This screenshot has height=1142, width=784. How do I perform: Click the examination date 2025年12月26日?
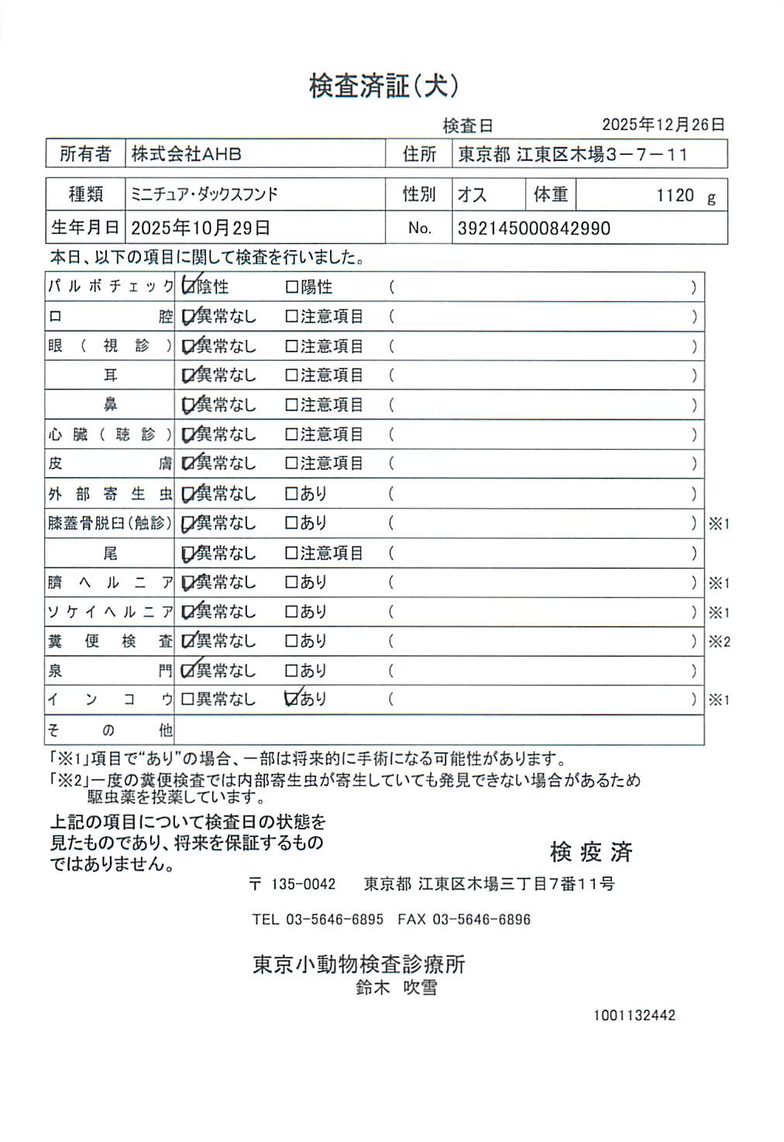(x=663, y=125)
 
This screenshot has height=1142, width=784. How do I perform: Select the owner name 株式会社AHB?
(x=186, y=154)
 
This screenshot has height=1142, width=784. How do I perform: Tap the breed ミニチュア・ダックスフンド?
(x=204, y=194)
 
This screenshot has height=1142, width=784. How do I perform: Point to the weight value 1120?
(x=675, y=195)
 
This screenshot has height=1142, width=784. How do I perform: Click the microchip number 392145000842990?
(x=534, y=228)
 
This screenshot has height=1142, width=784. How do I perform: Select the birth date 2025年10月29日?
(x=200, y=228)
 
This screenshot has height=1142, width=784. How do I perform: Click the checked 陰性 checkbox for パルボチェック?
(x=188, y=286)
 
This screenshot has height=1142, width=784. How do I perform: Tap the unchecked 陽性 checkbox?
(x=292, y=287)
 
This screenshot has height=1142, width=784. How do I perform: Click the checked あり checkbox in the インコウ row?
(x=292, y=699)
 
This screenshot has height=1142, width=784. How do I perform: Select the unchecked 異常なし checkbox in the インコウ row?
(x=187, y=699)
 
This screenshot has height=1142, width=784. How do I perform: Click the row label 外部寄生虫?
(x=110, y=494)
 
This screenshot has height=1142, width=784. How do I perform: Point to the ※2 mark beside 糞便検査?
(x=719, y=642)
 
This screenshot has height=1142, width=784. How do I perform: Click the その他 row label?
(x=110, y=730)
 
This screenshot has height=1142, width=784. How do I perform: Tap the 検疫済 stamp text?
(x=591, y=852)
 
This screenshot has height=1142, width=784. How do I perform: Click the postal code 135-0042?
(x=303, y=884)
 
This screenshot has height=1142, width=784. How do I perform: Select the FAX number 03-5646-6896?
(x=481, y=920)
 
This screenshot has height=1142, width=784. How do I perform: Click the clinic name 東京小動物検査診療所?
(x=359, y=964)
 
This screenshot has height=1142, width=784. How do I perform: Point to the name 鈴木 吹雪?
(x=396, y=987)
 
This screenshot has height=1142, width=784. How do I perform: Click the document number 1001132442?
(x=634, y=1015)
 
